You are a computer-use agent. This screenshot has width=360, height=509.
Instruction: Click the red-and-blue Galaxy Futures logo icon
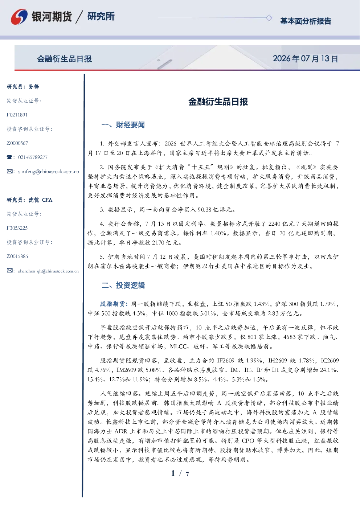pyautogui.click(x=19, y=16)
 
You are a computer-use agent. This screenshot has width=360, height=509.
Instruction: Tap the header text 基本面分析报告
pyautogui.click(x=306, y=21)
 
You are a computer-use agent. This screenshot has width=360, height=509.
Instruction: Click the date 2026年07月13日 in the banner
pyautogui.click(x=305, y=59)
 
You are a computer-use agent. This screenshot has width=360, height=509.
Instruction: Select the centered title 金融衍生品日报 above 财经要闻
pyautogui.click(x=218, y=102)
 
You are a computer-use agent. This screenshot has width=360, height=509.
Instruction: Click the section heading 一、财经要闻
pyautogui.click(x=123, y=125)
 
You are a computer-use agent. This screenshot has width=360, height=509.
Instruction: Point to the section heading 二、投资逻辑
pyautogui.click(x=123, y=285)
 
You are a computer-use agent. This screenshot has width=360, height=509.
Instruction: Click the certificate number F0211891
pyautogui.click(x=17, y=115)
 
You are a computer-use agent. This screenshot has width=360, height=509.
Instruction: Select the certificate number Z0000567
pyautogui.click(x=17, y=143)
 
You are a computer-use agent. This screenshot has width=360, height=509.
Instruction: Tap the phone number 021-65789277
pyautogui.click(x=33, y=157)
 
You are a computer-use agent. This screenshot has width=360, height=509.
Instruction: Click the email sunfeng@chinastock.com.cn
pyautogui.click(x=49, y=172)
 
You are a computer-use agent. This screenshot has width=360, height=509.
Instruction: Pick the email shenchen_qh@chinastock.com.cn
pyautogui.click(x=48, y=271)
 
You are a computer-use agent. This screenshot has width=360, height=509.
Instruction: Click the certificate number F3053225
pyautogui.click(x=17, y=228)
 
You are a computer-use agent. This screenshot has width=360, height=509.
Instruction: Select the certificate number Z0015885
pyautogui.click(x=17, y=256)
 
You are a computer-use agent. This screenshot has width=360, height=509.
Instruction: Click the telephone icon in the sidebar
pyautogui.click(x=9, y=157)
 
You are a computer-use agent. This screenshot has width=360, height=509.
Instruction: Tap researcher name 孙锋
pyautogui.click(x=34, y=87)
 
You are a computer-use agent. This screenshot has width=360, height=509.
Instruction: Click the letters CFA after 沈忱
pyautogui.click(x=47, y=200)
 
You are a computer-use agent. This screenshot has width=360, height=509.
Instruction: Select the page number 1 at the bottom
pyautogui.click(x=173, y=473)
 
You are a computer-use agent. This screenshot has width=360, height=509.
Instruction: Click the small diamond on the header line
pyautogui.click(x=269, y=18)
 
